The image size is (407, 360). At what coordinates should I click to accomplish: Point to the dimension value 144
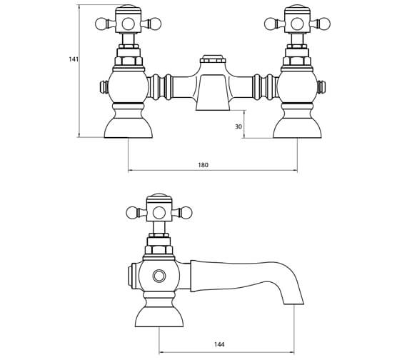tap(218, 344)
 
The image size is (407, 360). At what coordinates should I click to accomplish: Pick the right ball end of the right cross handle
tap(325, 24)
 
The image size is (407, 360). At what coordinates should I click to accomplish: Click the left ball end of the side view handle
tap(131, 212)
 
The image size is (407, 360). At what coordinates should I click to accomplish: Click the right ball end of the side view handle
tap(187, 212)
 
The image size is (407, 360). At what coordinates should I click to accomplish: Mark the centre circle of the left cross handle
tap(129, 24)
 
